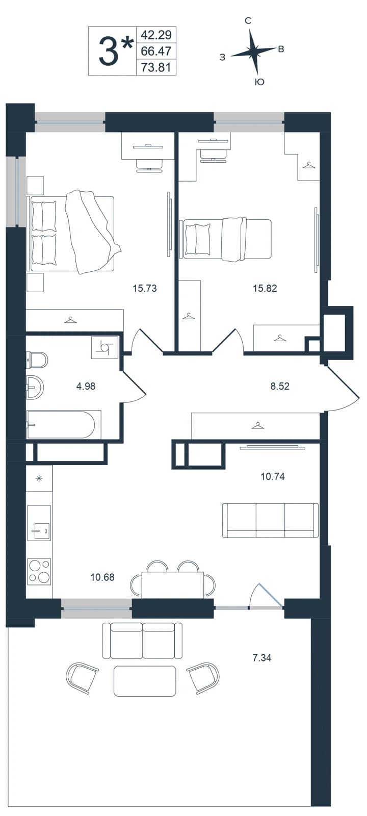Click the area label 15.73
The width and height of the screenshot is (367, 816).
[145, 289]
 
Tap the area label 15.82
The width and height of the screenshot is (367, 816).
[265, 289]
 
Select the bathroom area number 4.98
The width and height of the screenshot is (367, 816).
[86, 386]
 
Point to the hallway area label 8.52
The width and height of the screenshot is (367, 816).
[280, 386]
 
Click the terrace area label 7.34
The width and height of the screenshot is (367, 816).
[262, 657]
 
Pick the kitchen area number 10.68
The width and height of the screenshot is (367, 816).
[102, 577]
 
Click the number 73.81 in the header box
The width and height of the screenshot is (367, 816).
[156, 67]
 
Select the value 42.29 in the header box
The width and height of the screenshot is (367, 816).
[156, 35]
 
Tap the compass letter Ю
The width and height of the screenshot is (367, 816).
[259, 82]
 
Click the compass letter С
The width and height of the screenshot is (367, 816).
[248, 21]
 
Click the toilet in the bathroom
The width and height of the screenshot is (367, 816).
[37, 360]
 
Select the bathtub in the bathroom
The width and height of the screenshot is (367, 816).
[63, 424]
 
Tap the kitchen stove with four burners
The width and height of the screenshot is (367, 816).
[39, 572]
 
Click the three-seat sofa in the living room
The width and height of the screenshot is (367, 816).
[270, 520]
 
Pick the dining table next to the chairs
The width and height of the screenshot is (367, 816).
[173, 584]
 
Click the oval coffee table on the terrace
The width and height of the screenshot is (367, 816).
[145, 681]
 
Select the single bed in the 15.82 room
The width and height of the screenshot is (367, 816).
[226, 239]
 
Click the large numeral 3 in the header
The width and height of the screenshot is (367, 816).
[108, 52]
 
